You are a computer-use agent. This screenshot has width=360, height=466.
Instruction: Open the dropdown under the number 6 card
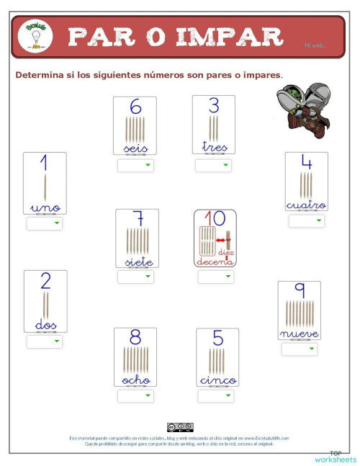click(135, 166)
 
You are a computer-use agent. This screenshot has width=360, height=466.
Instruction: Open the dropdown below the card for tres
click(213, 166)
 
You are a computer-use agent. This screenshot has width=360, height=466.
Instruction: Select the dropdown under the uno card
click(45, 224)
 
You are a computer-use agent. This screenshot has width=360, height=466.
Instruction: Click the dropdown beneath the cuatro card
click(307, 221)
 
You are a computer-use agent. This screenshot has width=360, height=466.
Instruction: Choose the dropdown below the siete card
click(135, 277)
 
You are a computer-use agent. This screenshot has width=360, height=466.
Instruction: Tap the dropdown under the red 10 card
click(215, 277)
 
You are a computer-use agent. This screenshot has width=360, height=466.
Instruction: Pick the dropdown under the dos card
click(45, 341)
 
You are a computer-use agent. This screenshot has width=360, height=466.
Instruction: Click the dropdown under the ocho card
click(135, 396)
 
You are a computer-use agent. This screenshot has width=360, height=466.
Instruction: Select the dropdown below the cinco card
click(215, 396)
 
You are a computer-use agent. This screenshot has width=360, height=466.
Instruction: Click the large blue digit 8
click(135, 337)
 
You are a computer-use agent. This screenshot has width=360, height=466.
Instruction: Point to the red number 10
click(215, 218)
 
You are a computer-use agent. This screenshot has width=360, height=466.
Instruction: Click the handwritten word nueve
click(299, 333)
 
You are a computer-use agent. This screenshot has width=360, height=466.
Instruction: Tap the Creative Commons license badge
click(179, 427)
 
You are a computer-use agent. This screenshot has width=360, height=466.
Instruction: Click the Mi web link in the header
click(315, 45)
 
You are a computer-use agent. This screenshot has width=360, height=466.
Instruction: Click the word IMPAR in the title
click(229, 35)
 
